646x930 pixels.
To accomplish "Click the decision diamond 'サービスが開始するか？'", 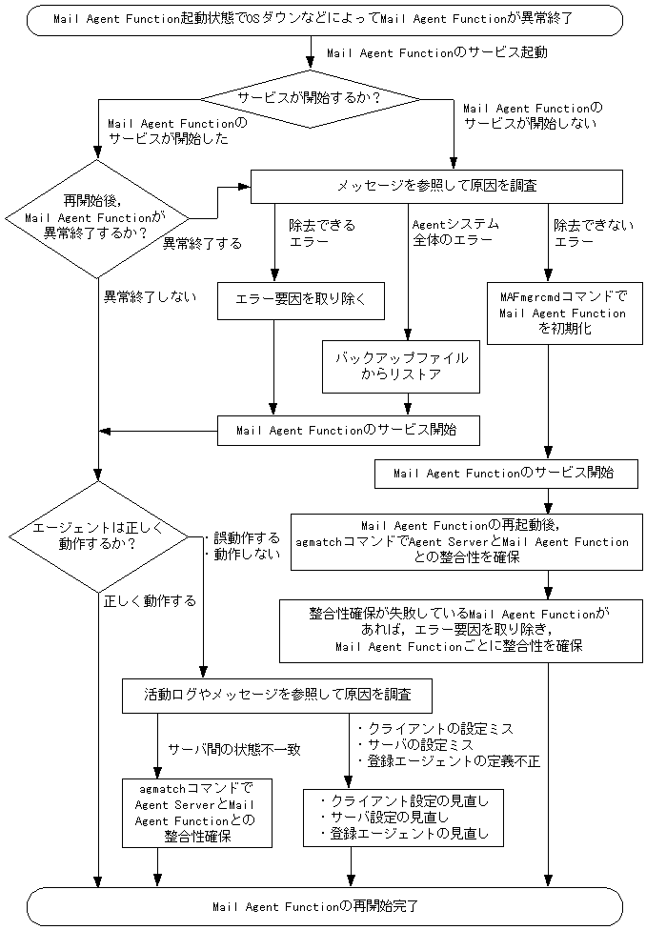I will pyautogui.click(x=309, y=98).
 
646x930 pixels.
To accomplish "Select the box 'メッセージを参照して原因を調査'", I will pyautogui.click(x=435, y=186).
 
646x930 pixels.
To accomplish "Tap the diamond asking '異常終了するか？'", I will pyautogui.click(x=98, y=218).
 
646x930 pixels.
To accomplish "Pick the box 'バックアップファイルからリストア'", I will pyautogui.click(x=401, y=366).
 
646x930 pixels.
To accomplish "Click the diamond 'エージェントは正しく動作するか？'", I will pyautogui.click(x=98, y=536).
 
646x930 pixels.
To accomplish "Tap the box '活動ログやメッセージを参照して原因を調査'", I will pyautogui.click(x=277, y=695).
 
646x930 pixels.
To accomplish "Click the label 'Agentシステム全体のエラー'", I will pyautogui.click(x=455, y=233).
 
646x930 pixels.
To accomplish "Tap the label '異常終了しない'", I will pyautogui.click(x=150, y=296).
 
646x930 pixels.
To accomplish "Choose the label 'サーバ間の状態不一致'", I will pyautogui.click(x=233, y=749).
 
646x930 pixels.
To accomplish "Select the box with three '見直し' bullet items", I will pyautogui.click(x=404, y=818).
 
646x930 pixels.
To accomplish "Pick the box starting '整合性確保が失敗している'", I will pyautogui.click(x=458, y=630).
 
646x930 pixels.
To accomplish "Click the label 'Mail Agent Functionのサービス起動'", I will pyautogui.click(x=436, y=53).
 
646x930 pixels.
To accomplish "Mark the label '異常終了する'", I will pyautogui.click(x=201, y=243).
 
